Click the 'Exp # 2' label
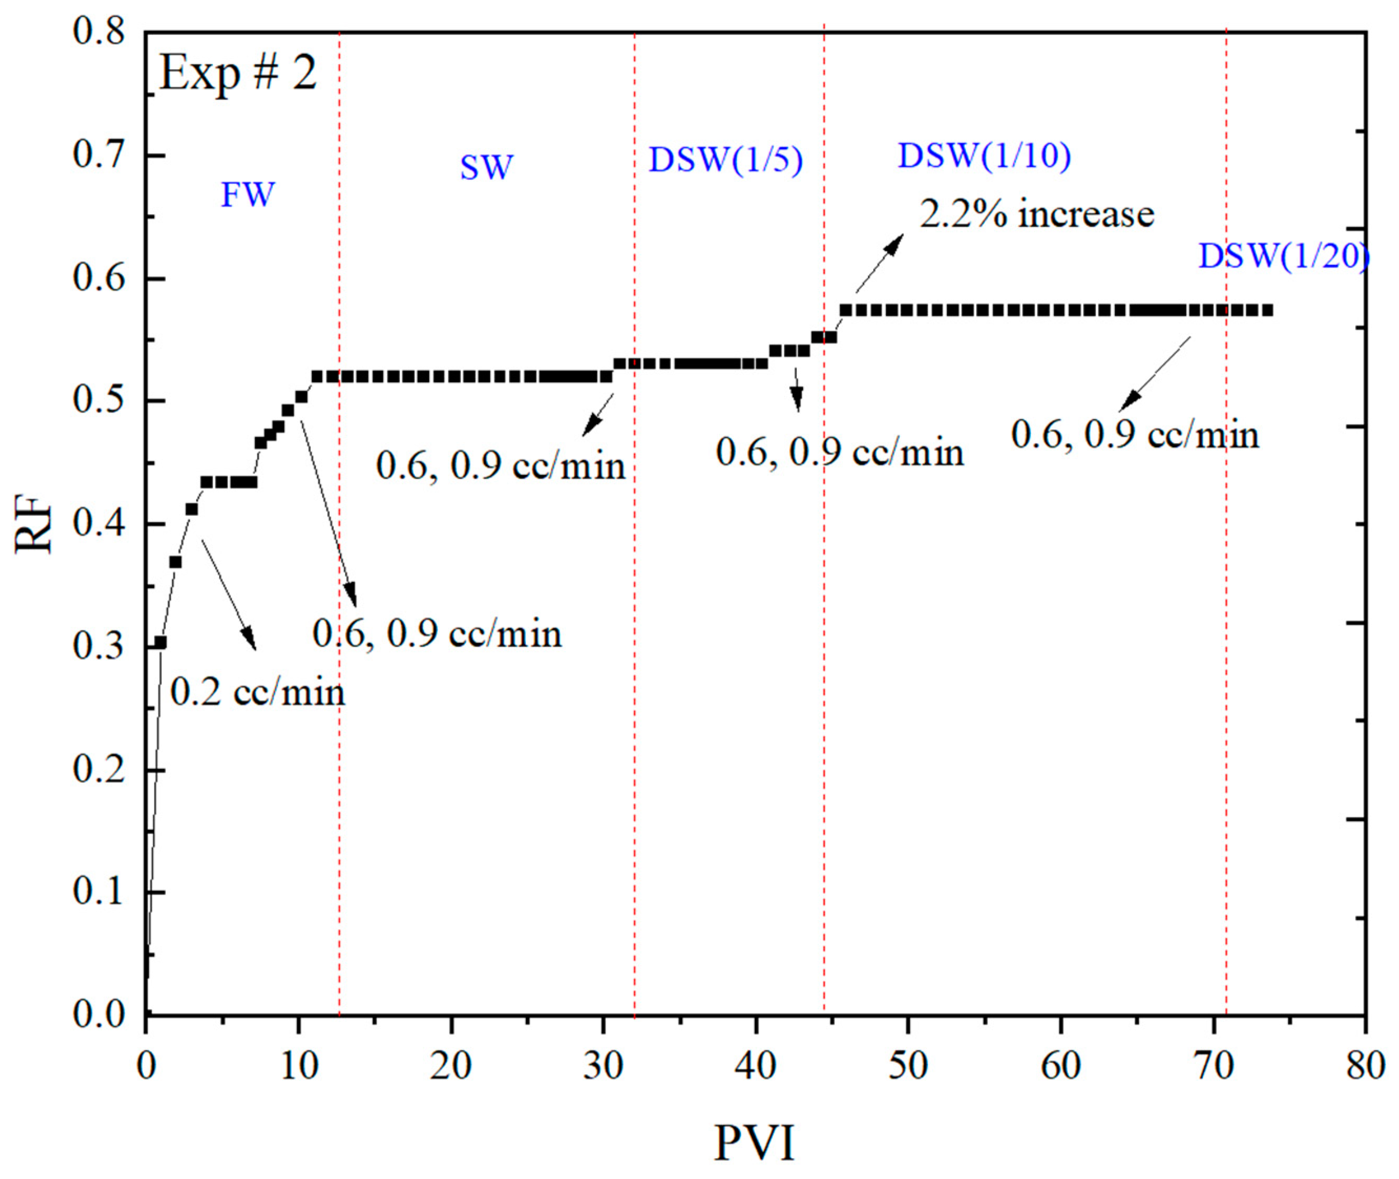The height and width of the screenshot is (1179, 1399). coord(238,73)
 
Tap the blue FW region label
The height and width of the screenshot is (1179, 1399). coord(248,195)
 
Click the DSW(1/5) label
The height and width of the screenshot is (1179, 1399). coord(726,161)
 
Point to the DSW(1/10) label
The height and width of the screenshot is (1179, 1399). coord(984,156)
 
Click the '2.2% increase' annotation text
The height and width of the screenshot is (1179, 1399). coord(1037,215)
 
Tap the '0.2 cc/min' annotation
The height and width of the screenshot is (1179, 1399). coord(257,692)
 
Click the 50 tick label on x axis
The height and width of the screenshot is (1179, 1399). coord(908,1066)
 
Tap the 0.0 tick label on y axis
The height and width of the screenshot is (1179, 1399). coord(99,1015)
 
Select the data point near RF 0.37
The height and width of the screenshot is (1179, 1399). coord(176,562)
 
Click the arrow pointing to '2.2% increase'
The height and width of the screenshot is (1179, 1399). coord(878,264)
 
